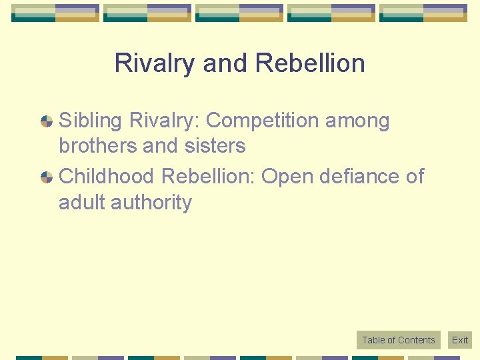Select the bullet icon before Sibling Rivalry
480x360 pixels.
pos(47,121)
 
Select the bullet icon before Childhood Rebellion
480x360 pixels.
pos(47,177)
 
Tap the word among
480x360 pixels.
pos(363,121)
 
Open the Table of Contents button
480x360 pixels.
pos(398,340)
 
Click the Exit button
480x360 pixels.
pos(460,340)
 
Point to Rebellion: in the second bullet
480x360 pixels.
pos(208,177)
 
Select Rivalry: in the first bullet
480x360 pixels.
pos(165,121)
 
